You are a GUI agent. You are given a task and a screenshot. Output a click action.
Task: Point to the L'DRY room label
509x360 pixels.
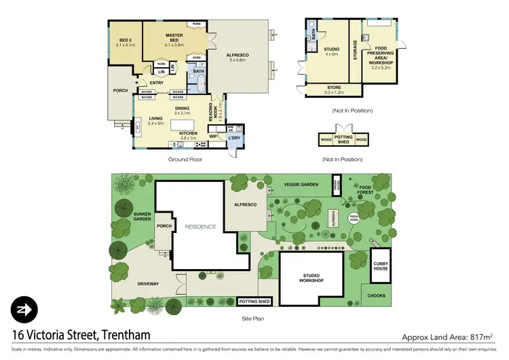click(235, 139)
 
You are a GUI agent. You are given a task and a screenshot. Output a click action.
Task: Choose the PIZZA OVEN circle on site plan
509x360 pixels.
click(354, 218)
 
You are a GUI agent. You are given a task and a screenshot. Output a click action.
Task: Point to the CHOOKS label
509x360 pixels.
click(376, 295)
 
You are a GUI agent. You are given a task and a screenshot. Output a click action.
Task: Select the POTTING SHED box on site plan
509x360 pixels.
click(255, 301)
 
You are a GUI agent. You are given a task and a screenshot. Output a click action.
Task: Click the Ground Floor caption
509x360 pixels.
click(185, 159)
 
